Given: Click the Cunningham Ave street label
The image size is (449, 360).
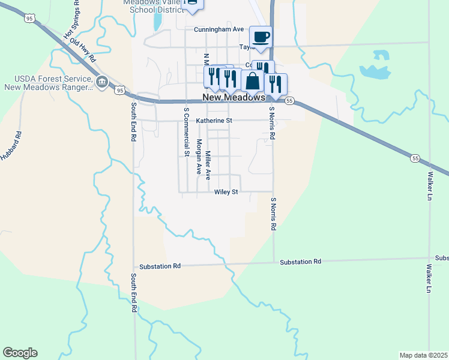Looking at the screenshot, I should click(218, 29).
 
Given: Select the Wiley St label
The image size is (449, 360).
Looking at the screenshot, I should click(226, 192).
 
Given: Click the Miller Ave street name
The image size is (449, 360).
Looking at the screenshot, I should click(208, 165).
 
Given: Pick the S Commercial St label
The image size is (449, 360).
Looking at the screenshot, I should click(187, 132).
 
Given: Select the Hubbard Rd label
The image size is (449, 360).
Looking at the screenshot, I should click(11, 145).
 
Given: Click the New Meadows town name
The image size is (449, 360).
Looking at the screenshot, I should click(234, 97).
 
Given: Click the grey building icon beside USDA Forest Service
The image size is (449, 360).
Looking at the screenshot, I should click(101, 82).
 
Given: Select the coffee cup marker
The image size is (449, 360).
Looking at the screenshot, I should click(261, 37).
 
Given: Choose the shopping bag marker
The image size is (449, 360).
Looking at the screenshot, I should click(253, 81).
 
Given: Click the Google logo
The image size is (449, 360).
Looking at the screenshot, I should click(20, 353).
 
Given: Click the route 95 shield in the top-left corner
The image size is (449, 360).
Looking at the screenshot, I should click(29, 19).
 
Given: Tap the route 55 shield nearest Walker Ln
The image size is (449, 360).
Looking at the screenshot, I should click(415, 158).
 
